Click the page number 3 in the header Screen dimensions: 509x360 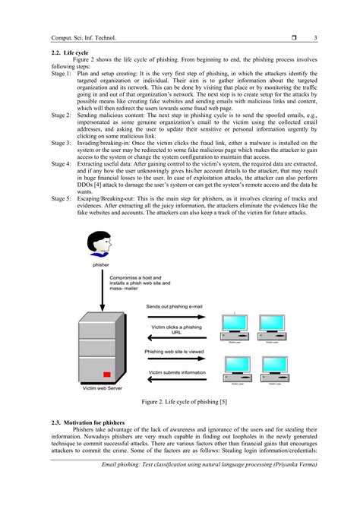pyautogui.click(x=314, y=37)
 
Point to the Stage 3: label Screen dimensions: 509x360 pyautogui.click(x=62, y=142)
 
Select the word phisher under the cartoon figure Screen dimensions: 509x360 pyautogui.click(x=100, y=265)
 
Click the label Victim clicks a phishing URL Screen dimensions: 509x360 pyautogui.click(x=176, y=330)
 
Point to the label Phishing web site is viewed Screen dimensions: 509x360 pyautogui.click(x=174, y=352)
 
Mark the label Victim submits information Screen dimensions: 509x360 pyautogui.click(x=176, y=372)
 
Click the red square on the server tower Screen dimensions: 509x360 pyautogui.click(x=107, y=374)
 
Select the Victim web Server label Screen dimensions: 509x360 pyautogui.click(x=103, y=388)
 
